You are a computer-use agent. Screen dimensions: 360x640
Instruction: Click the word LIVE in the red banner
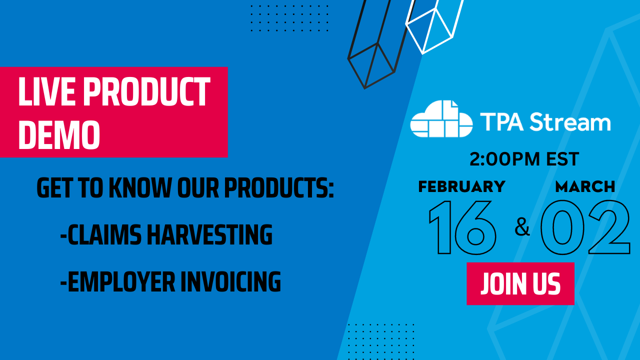pos(45,92)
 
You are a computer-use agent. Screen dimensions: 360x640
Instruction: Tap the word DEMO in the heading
pos(59,134)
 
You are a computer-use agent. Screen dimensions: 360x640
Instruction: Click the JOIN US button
pos(520,283)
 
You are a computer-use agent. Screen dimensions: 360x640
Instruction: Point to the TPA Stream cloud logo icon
pos(441,119)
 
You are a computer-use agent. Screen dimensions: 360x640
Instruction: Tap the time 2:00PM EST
pos(524,159)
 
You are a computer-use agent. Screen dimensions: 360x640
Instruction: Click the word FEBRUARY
pos(461,186)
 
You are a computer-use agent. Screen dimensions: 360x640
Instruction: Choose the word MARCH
pos(585,186)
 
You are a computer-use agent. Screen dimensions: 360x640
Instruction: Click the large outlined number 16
pos(462,227)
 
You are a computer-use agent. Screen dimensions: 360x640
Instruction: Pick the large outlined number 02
pos(585,227)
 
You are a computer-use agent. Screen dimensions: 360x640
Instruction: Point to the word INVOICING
pos(230,281)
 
